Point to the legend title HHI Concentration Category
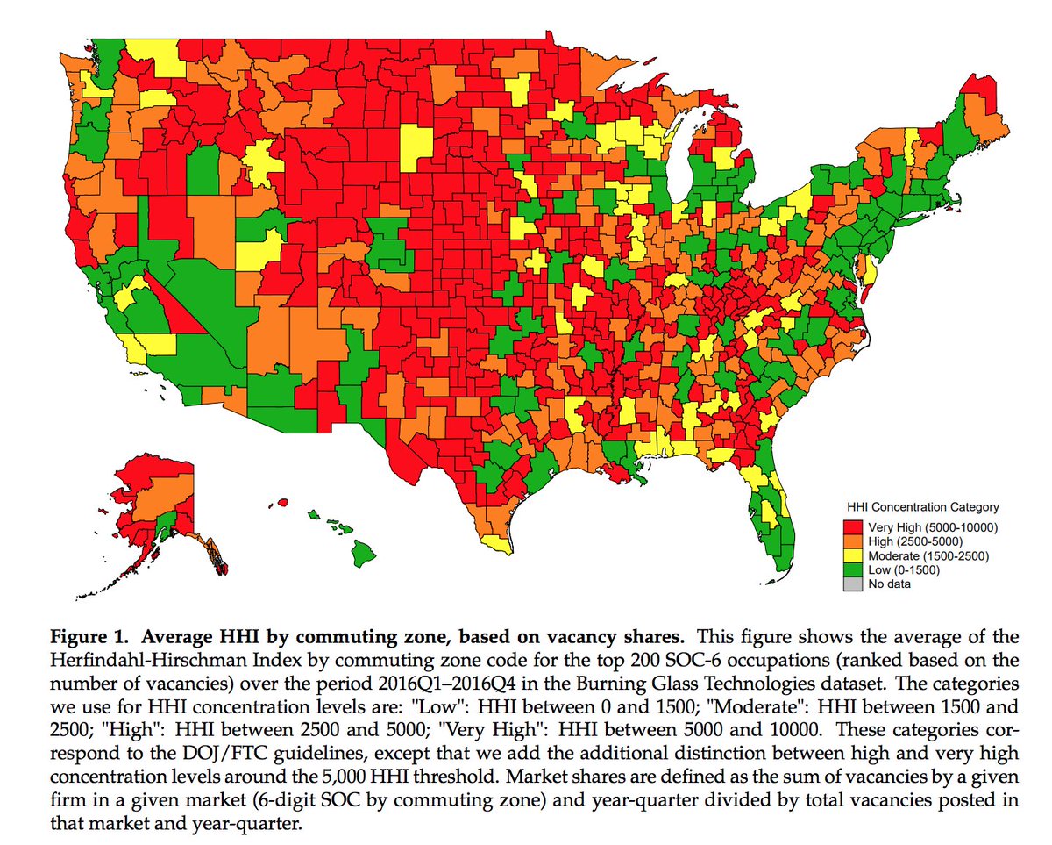point(923,507)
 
